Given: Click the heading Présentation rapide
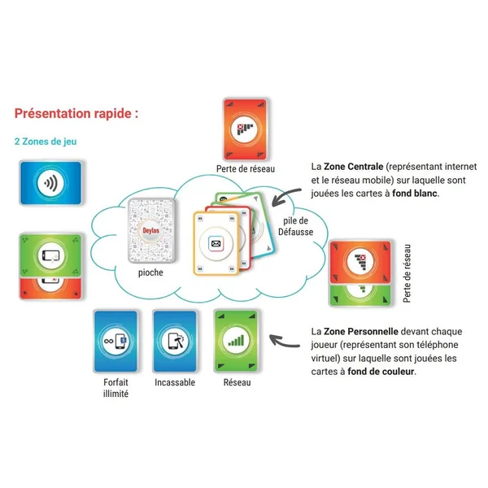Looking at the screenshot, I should (76, 113).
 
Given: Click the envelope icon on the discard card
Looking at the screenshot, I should (216, 242).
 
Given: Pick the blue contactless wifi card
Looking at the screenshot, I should (50, 185).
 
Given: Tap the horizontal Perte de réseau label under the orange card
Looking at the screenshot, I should (246, 168).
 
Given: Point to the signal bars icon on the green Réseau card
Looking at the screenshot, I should (237, 340).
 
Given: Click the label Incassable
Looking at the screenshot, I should (174, 382).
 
